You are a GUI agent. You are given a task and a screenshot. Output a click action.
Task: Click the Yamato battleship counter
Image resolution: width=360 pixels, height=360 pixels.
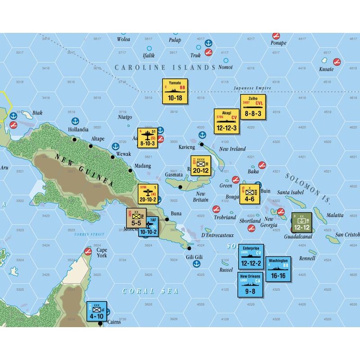(x=175, y=91)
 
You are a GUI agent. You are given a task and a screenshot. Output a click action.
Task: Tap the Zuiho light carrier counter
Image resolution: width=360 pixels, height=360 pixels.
(x=253, y=107)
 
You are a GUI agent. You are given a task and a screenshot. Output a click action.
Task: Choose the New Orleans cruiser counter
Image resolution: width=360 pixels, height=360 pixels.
(x=251, y=284)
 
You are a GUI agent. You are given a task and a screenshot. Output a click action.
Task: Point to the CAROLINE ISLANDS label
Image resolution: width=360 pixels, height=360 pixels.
(x=165, y=67)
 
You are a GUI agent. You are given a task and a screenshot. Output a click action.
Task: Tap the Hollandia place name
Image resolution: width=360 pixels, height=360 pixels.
(x=79, y=129)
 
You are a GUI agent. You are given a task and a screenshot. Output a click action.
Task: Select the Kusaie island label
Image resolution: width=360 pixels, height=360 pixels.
(x=326, y=69)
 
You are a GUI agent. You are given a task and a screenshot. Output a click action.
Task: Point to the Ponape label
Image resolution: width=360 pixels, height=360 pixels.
(x=278, y=43)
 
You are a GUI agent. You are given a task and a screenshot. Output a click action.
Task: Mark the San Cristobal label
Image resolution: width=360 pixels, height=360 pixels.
(x=348, y=234)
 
